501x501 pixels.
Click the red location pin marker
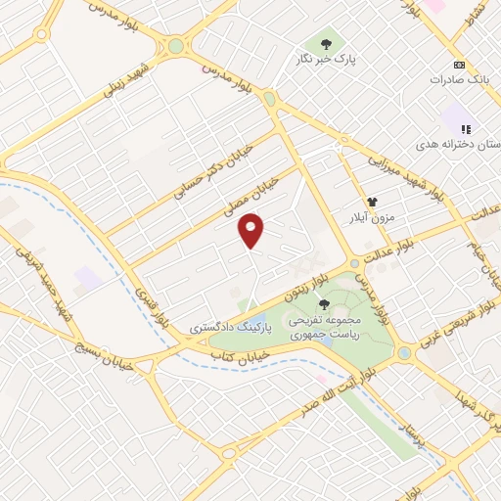[252, 230]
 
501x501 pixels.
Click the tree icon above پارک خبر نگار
[324, 44]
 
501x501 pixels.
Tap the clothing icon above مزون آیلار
[372, 202]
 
